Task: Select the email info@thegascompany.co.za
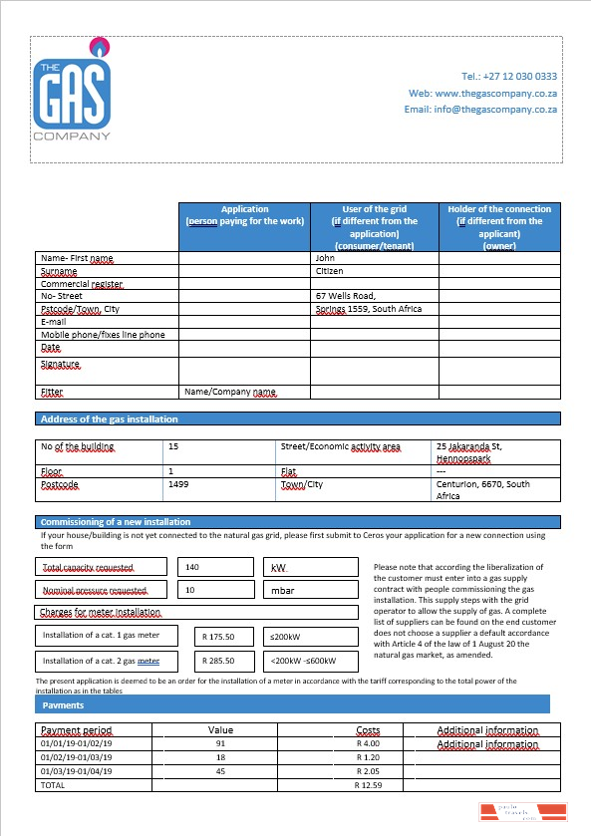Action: click(x=480, y=109)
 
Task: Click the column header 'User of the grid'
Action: click(x=374, y=227)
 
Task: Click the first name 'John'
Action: click(x=325, y=258)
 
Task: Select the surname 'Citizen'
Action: click(x=330, y=270)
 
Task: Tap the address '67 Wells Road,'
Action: click(x=345, y=296)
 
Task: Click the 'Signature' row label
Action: click(x=59, y=365)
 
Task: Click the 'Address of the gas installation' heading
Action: click(x=109, y=418)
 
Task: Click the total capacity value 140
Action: click(x=192, y=566)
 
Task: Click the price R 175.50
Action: click(x=217, y=636)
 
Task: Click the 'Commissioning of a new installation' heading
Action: click(x=115, y=521)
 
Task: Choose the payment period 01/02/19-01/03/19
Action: click(x=77, y=756)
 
